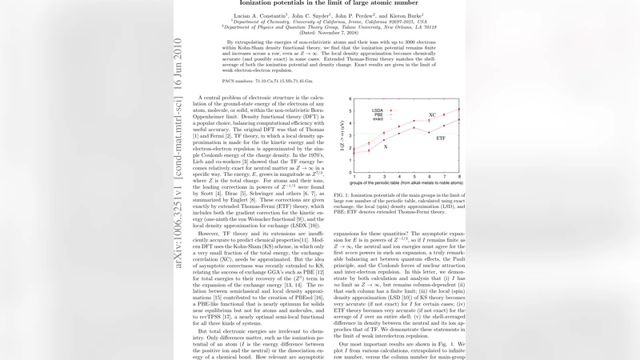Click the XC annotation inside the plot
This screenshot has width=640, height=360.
(x=432, y=115)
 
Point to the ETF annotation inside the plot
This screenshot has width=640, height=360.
(x=441, y=138)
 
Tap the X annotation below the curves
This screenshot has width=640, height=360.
(x=386, y=147)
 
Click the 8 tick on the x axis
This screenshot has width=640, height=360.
(x=458, y=176)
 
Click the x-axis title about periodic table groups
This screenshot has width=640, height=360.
(x=406, y=183)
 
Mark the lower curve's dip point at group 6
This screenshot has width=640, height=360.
(x=428, y=132)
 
